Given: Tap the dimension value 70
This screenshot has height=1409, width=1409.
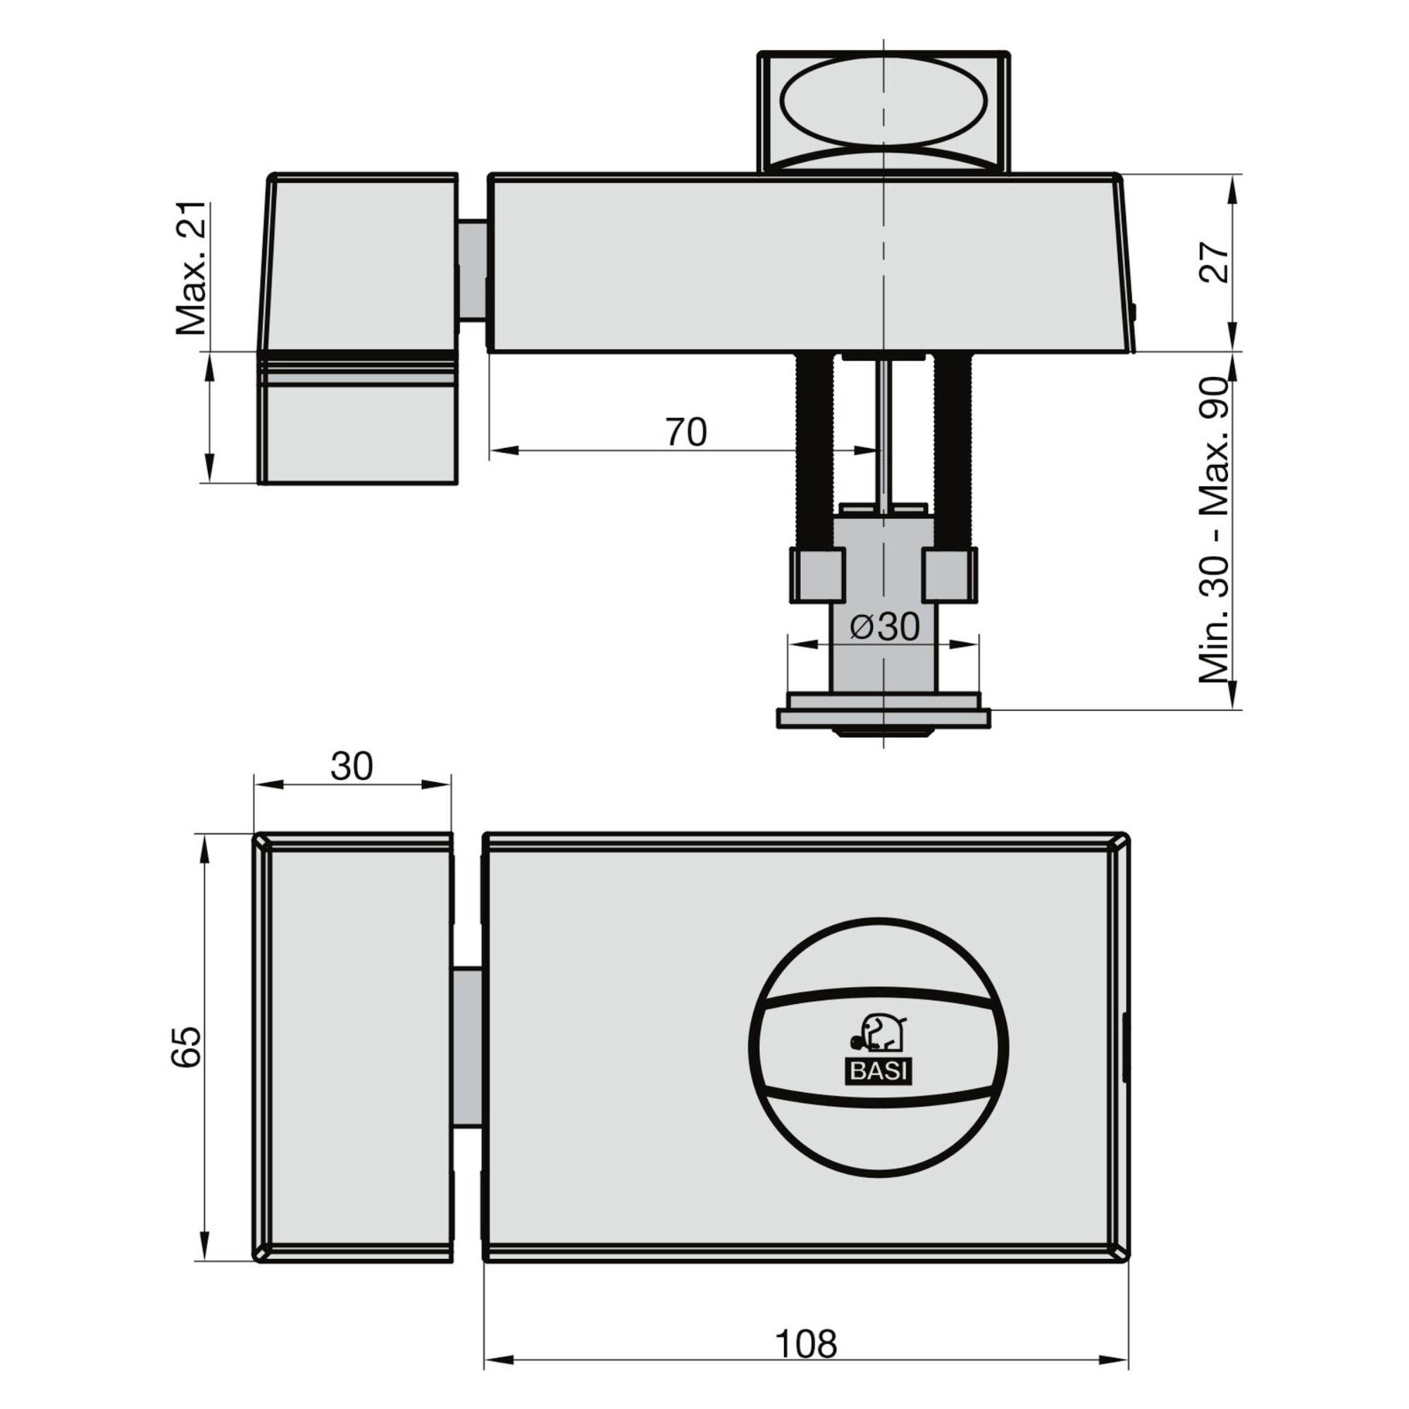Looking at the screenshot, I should (x=685, y=433).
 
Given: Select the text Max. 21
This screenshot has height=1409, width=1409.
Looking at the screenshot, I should (x=191, y=268).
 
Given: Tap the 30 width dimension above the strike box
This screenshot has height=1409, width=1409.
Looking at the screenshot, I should (x=352, y=766).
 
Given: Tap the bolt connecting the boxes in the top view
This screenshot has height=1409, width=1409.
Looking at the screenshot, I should (x=473, y=270).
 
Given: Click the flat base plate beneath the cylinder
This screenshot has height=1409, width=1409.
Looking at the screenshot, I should (x=883, y=719).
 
